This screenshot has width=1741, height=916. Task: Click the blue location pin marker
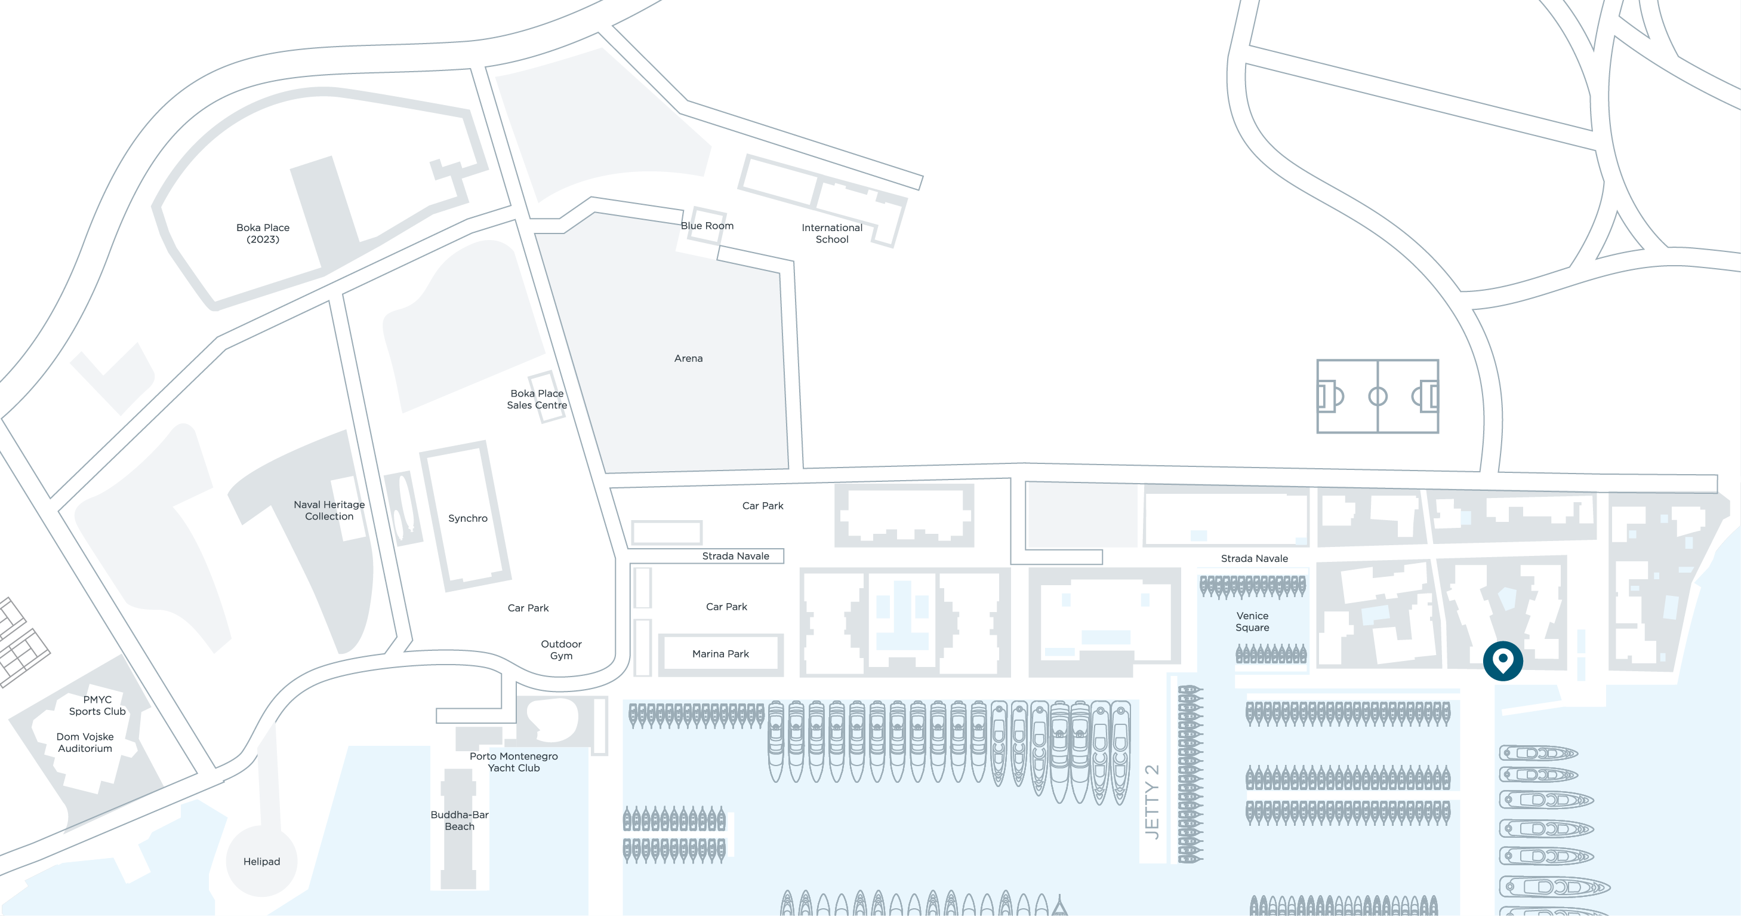click(x=1502, y=660)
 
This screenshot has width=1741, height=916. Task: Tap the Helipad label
click(x=261, y=861)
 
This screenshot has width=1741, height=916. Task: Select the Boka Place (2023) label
click(x=263, y=233)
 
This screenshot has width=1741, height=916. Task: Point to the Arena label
click(x=688, y=358)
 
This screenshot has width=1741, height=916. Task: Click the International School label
click(x=832, y=233)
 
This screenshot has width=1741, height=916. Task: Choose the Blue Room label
click(x=707, y=226)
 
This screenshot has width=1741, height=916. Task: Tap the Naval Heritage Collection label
click(x=329, y=511)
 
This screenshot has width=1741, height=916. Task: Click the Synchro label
click(x=468, y=518)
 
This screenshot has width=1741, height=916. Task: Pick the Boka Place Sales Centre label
click(x=537, y=399)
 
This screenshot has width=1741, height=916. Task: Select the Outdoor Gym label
click(x=561, y=650)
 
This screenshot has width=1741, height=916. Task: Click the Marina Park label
click(x=720, y=654)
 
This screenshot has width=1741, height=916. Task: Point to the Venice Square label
click(x=1252, y=621)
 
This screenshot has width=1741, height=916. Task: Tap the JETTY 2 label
click(x=1153, y=802)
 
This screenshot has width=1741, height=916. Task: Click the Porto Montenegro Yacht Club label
click(x=514, y=762)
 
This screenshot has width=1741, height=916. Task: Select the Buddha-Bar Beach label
click(x=460, y=820)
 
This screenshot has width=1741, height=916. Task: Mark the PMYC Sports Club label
click(x=97, y=705)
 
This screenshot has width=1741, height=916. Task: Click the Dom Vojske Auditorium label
click(x=85, y=742)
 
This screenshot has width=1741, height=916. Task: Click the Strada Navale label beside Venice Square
click(x=1255, y=558)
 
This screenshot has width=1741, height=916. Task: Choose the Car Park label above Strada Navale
click(x=763, y=506)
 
